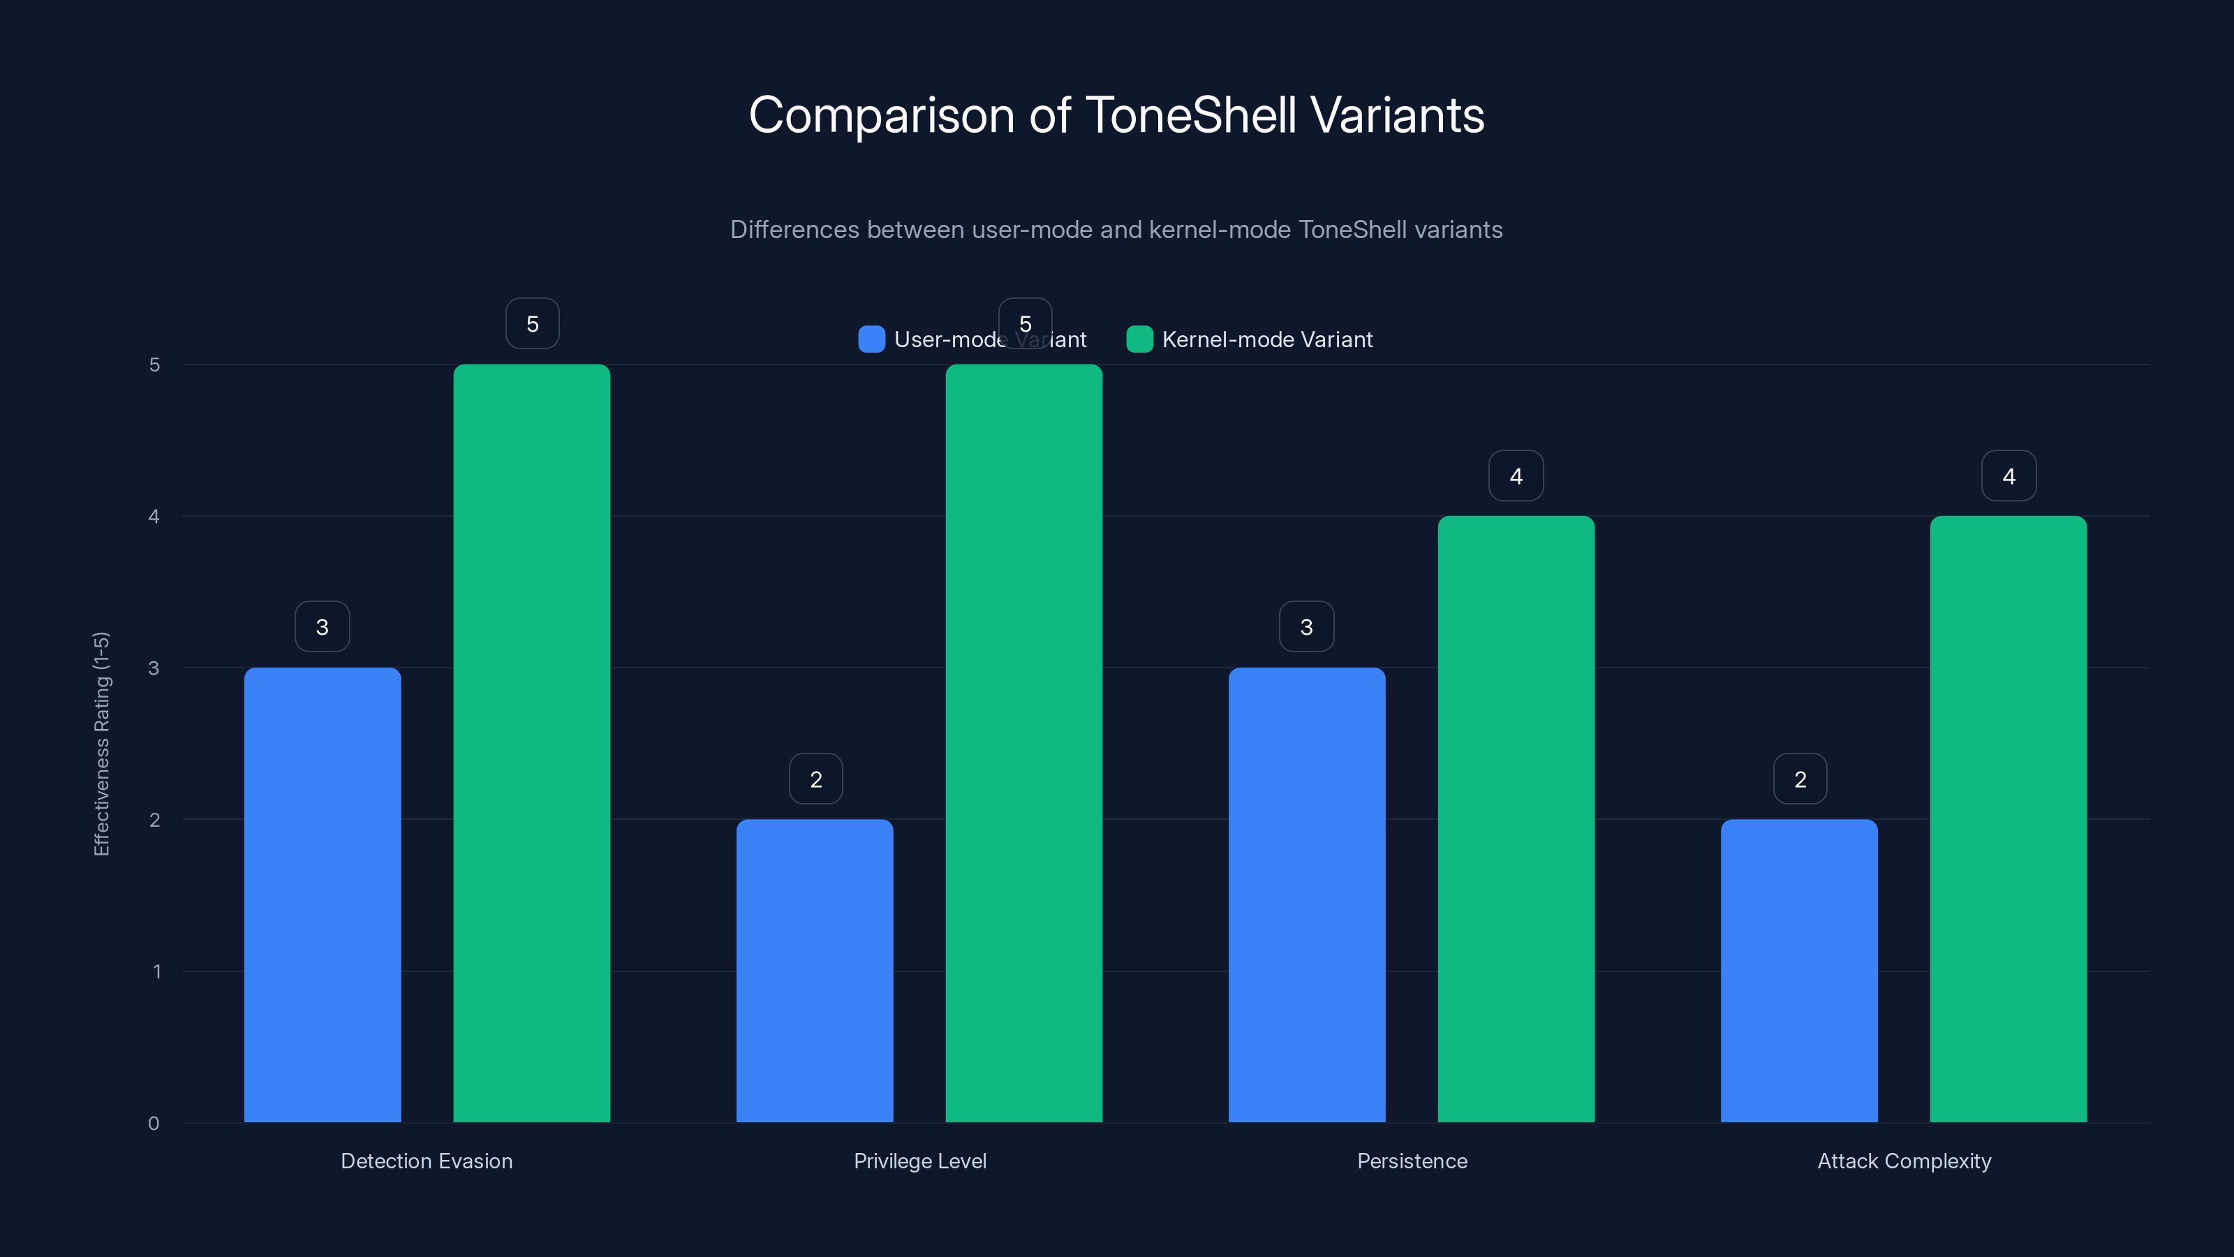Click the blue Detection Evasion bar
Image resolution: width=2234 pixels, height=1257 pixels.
[x=323, y=894]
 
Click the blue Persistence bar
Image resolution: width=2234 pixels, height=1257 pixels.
[x=1306, y=894]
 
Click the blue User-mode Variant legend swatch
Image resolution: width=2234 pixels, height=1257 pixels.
[x=871, y=339]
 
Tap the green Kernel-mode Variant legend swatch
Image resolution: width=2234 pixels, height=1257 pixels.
[x=1139, y=339]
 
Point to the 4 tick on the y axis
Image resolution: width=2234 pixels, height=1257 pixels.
[x=154, y=516]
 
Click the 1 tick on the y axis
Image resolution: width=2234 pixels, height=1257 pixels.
[x=157, y=971]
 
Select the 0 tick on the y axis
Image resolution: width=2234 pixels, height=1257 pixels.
[x=154, y=1124]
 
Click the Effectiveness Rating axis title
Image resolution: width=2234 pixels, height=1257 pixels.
[x=101, y=744]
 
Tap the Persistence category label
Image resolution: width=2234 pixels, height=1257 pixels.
[x=1412, y=1161]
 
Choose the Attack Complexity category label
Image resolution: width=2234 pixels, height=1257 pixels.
[x=1904, y=1161]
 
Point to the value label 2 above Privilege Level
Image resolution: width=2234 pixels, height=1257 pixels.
[x=816, y=779]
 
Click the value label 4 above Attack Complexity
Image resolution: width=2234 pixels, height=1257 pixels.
[x=2009, y=476]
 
